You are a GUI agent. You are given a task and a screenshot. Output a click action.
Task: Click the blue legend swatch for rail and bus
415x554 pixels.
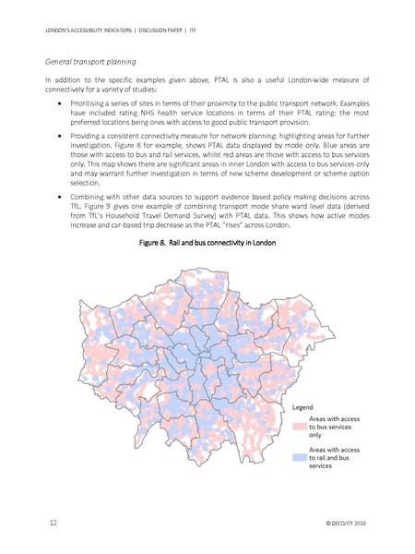(x=299, y=456)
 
